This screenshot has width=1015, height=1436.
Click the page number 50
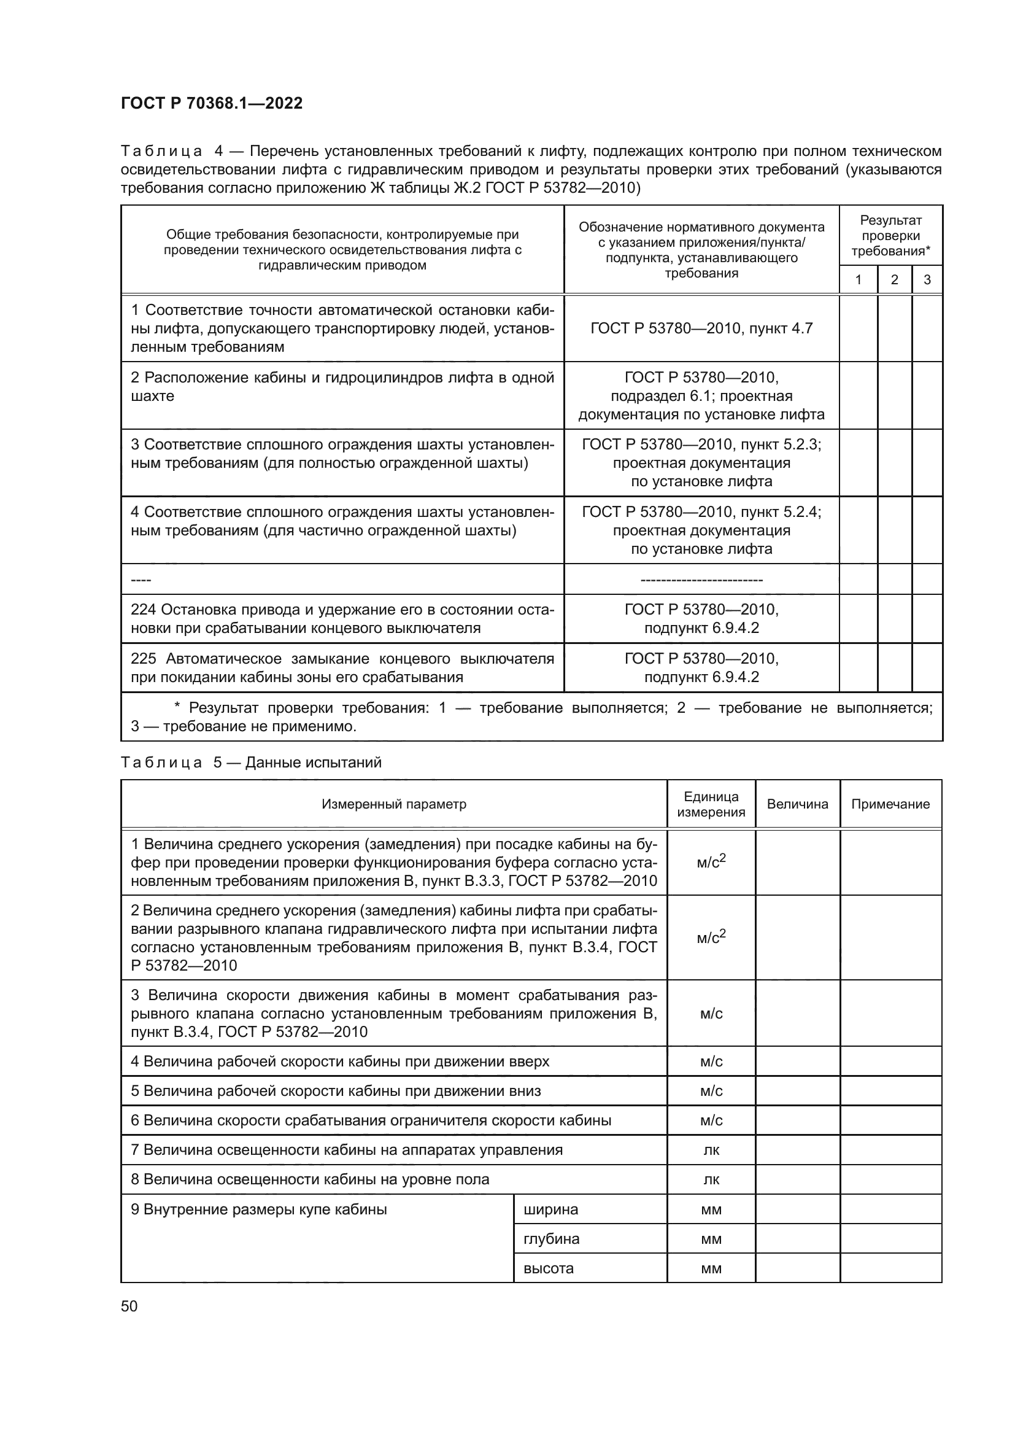129,1306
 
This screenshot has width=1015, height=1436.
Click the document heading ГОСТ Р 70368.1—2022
212,103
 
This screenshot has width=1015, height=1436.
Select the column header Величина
798,804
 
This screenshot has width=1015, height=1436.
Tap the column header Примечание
890,804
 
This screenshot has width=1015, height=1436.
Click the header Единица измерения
711,804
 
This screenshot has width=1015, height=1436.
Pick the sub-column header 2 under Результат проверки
894,279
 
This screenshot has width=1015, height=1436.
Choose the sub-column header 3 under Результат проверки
927,279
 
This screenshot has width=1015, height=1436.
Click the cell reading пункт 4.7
701,328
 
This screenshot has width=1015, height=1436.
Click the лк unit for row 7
711,1150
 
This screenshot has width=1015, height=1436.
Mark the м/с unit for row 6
711,1121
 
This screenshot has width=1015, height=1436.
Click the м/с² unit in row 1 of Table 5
711,863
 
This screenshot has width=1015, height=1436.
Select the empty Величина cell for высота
798,1268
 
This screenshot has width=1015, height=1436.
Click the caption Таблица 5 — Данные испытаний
250,763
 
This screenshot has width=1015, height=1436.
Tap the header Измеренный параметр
394,804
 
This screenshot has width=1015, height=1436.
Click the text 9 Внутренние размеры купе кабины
259,1209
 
